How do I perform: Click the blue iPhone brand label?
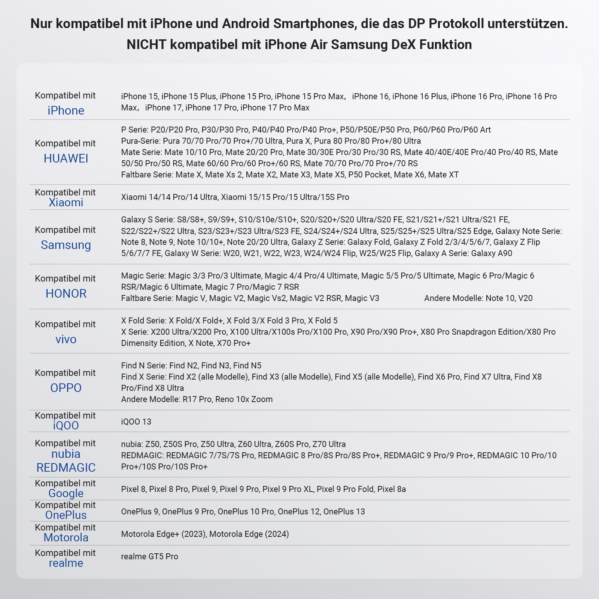coord(66,110)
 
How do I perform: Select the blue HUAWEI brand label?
coord(66,158)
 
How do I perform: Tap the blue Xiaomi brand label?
coord(66,203)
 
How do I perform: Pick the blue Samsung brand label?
coord(66,245)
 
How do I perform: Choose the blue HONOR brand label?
coord(66,294)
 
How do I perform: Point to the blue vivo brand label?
coord(66,339)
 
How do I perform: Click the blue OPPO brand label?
coord(66,388)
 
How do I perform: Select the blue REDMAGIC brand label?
coord(66,468)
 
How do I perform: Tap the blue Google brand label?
coord(66,493)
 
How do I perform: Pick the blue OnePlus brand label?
coord(66,515)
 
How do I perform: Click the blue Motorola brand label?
coord(66,538)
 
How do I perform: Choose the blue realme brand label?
coord(66,563)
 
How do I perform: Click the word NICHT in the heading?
coord(146,45)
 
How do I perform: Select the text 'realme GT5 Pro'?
coord(149,556)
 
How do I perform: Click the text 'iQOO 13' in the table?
coord(136,422)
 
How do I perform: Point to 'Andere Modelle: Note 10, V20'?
coord(478,298)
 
